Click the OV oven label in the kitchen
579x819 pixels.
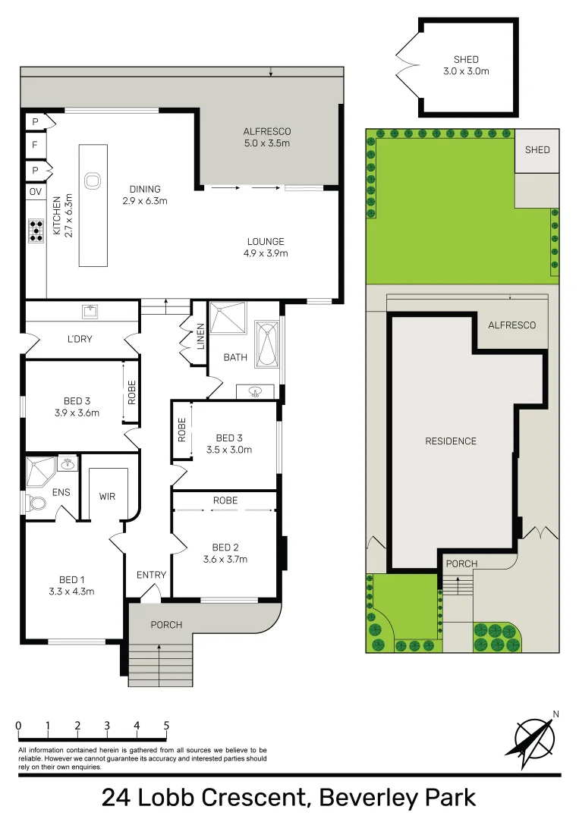(x=36, y=192)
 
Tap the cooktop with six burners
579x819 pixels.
(x=36, y=231)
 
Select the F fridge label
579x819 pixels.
(x=35, y=145)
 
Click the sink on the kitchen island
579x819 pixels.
(x=92, y=181)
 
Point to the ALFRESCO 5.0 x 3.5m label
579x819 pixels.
(x=267, y=137)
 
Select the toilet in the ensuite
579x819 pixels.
(x=36, y=504)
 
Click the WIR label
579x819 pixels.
(x=107, y=496)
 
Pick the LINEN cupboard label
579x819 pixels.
(x=200, y=337)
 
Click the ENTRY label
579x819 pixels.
(x=152, y=575)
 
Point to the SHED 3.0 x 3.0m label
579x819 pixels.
(x=466, y=65)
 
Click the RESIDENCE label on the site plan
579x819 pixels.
(x=451, y=441)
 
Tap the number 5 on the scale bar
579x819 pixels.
(x=166, y=726)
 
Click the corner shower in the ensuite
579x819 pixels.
(x=41, y=472)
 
